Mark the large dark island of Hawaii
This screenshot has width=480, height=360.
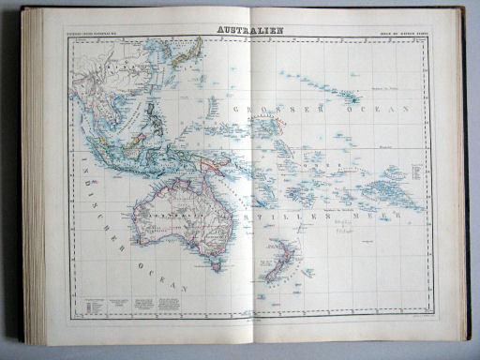[356, 97]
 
